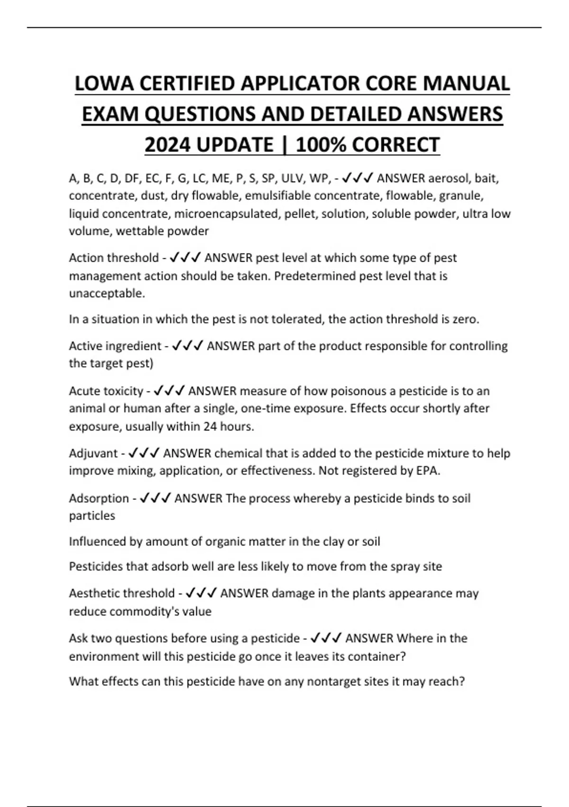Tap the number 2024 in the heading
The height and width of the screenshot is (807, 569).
(168, 145)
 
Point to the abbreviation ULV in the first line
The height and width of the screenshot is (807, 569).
(293, 178)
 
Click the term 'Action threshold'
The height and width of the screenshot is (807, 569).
(114, 258)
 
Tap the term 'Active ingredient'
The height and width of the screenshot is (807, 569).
(115, 346)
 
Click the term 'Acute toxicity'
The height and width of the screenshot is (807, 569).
(106, 391)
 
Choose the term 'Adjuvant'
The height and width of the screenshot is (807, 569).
(93, 453)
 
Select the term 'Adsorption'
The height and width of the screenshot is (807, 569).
(99, 498)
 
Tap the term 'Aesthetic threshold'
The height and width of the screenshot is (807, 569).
(122, 593)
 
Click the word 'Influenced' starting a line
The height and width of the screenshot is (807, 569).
(98, 542)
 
